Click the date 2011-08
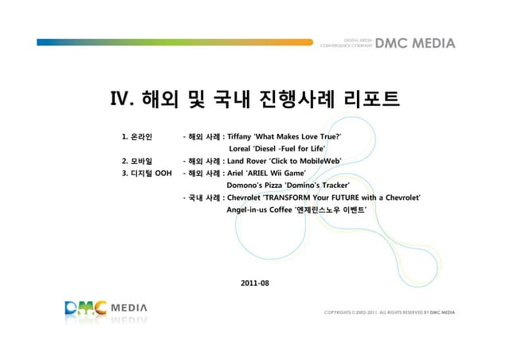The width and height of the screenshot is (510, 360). point(254,282)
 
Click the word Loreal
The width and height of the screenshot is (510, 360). point(240,149)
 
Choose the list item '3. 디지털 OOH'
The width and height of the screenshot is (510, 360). point(148,173)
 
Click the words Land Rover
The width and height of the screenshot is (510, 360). point(245,161)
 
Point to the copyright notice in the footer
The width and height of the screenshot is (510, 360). point(390,313)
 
